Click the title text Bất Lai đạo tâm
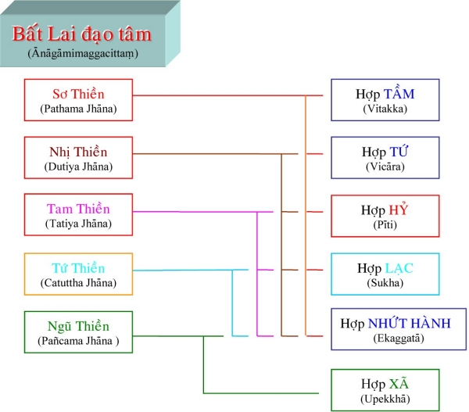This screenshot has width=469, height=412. (81, 35)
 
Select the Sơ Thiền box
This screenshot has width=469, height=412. (78, 100)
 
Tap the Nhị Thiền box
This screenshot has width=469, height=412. (78, 158)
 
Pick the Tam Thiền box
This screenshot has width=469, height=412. (78, 215)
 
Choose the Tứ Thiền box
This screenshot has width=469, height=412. (78, 274)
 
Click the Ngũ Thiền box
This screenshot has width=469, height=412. (78, 332)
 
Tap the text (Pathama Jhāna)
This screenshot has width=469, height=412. (78, 109)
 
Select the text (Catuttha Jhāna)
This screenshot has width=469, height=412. (78, 282)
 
